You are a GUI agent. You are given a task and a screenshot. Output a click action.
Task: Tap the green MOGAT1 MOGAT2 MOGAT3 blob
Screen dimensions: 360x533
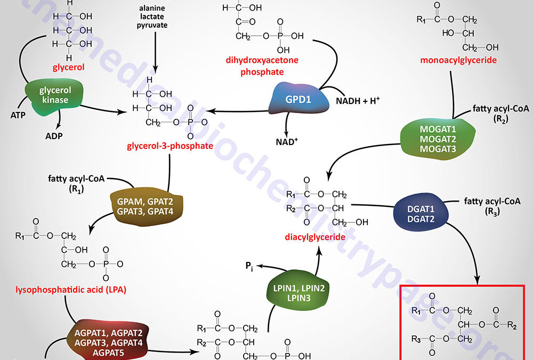438,137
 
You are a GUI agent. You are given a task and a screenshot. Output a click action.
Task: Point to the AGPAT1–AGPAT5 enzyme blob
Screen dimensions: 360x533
112,339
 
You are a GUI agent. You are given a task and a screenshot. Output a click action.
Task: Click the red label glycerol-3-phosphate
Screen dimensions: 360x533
170,146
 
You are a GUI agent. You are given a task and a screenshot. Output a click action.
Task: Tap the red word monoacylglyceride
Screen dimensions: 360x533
458,60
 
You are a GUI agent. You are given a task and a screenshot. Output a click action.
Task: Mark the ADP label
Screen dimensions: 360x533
53,135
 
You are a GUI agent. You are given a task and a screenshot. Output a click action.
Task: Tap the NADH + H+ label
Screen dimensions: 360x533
356,100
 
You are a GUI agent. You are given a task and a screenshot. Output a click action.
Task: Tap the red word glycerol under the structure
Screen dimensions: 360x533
69,68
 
